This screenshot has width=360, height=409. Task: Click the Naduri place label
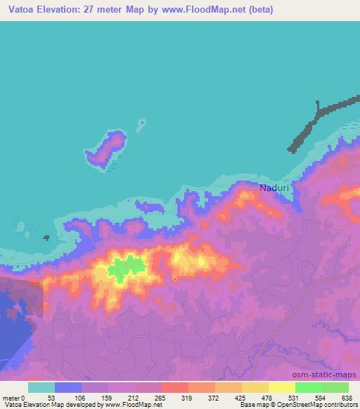click(x=274, y=188)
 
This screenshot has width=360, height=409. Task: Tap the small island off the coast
click(x=107, y=148)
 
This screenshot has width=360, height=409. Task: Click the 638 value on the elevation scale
click(x=347, y=398)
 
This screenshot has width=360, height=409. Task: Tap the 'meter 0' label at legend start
click(x=14, y=398)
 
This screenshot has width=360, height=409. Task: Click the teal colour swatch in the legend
click(x=41, y=387)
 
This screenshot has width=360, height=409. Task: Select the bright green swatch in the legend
click(x=308, y=387)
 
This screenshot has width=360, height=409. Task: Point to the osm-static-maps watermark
click(x=330, y=375)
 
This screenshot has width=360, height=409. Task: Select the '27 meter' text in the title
click(x=106, y=10)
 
